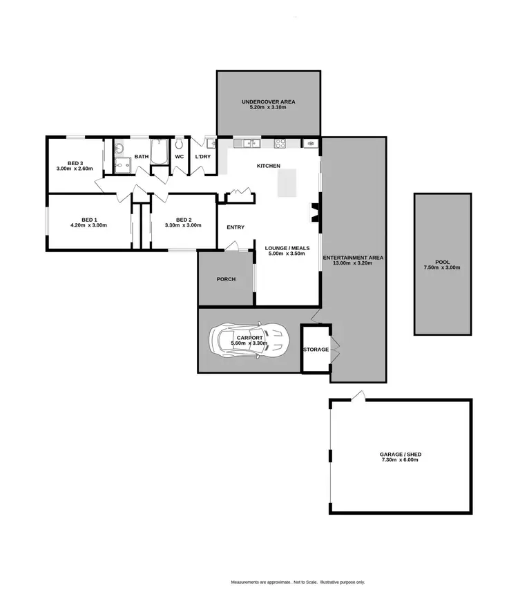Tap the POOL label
tap(442, 263)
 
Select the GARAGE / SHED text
tap(400, 455)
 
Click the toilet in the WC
tap(179, 144)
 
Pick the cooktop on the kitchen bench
tap(281, 144)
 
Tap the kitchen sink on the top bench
tap(247, 144)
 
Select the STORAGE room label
tap(316, 350)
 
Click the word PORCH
tap(226, 279)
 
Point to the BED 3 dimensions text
tap(75, 168)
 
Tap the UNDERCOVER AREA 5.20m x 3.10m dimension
tap(269, 108)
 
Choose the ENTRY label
tap(236, 227)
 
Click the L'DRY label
tap(202, 157)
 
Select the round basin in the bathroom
tap(119, 148)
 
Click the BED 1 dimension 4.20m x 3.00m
tap(89, 225)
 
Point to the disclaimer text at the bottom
tap(298, 583)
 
